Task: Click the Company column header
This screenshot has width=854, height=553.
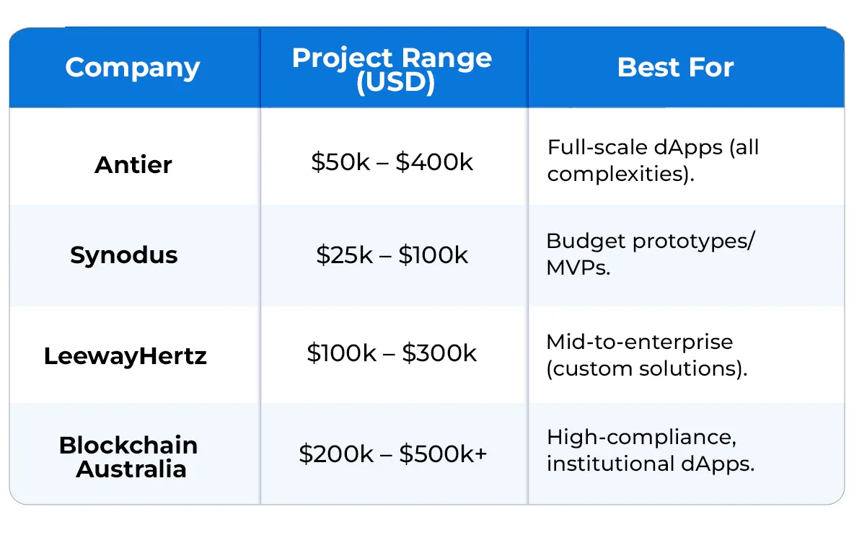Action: (x=133, y=68)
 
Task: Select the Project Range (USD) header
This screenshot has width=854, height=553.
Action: (x=392, y=70)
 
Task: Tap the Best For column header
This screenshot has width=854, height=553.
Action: (x=675, y=68)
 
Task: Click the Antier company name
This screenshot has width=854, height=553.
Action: (x=133, y=164)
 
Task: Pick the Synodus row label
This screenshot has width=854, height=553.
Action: (x=124, y=255)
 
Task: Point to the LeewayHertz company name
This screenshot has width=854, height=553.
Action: (x=126, y=356)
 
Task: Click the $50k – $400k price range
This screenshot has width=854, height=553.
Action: (x=392, y=162)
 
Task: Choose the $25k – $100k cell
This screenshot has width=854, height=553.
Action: (x=392, y=255)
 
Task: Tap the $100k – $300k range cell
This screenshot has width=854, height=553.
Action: (x=392, y=353)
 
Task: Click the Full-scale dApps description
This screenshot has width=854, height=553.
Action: (x=653, y=160)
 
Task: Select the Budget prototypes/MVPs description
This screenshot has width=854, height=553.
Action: (x=650, y=255)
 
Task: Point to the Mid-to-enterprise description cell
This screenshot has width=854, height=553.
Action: (x=646, y=355)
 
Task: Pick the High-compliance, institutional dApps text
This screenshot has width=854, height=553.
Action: (x=650, y=450)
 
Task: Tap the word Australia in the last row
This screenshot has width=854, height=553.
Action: (x=131, y=469)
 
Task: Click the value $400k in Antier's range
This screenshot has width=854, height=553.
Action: (x=434, y=162)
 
